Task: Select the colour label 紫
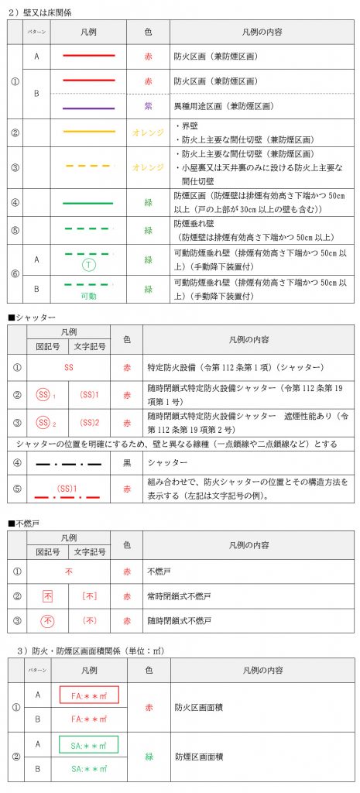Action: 148,106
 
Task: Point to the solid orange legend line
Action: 88,132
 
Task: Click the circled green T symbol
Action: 88,264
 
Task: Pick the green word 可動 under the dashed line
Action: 88,297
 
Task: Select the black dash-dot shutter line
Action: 68,464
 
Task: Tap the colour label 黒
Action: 126,464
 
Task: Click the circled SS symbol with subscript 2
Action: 46,424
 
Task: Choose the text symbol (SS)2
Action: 89,424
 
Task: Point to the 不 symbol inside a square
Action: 47,597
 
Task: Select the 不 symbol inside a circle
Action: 47,621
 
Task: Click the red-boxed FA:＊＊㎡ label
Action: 88,694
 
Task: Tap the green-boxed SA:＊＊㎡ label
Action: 88,745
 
